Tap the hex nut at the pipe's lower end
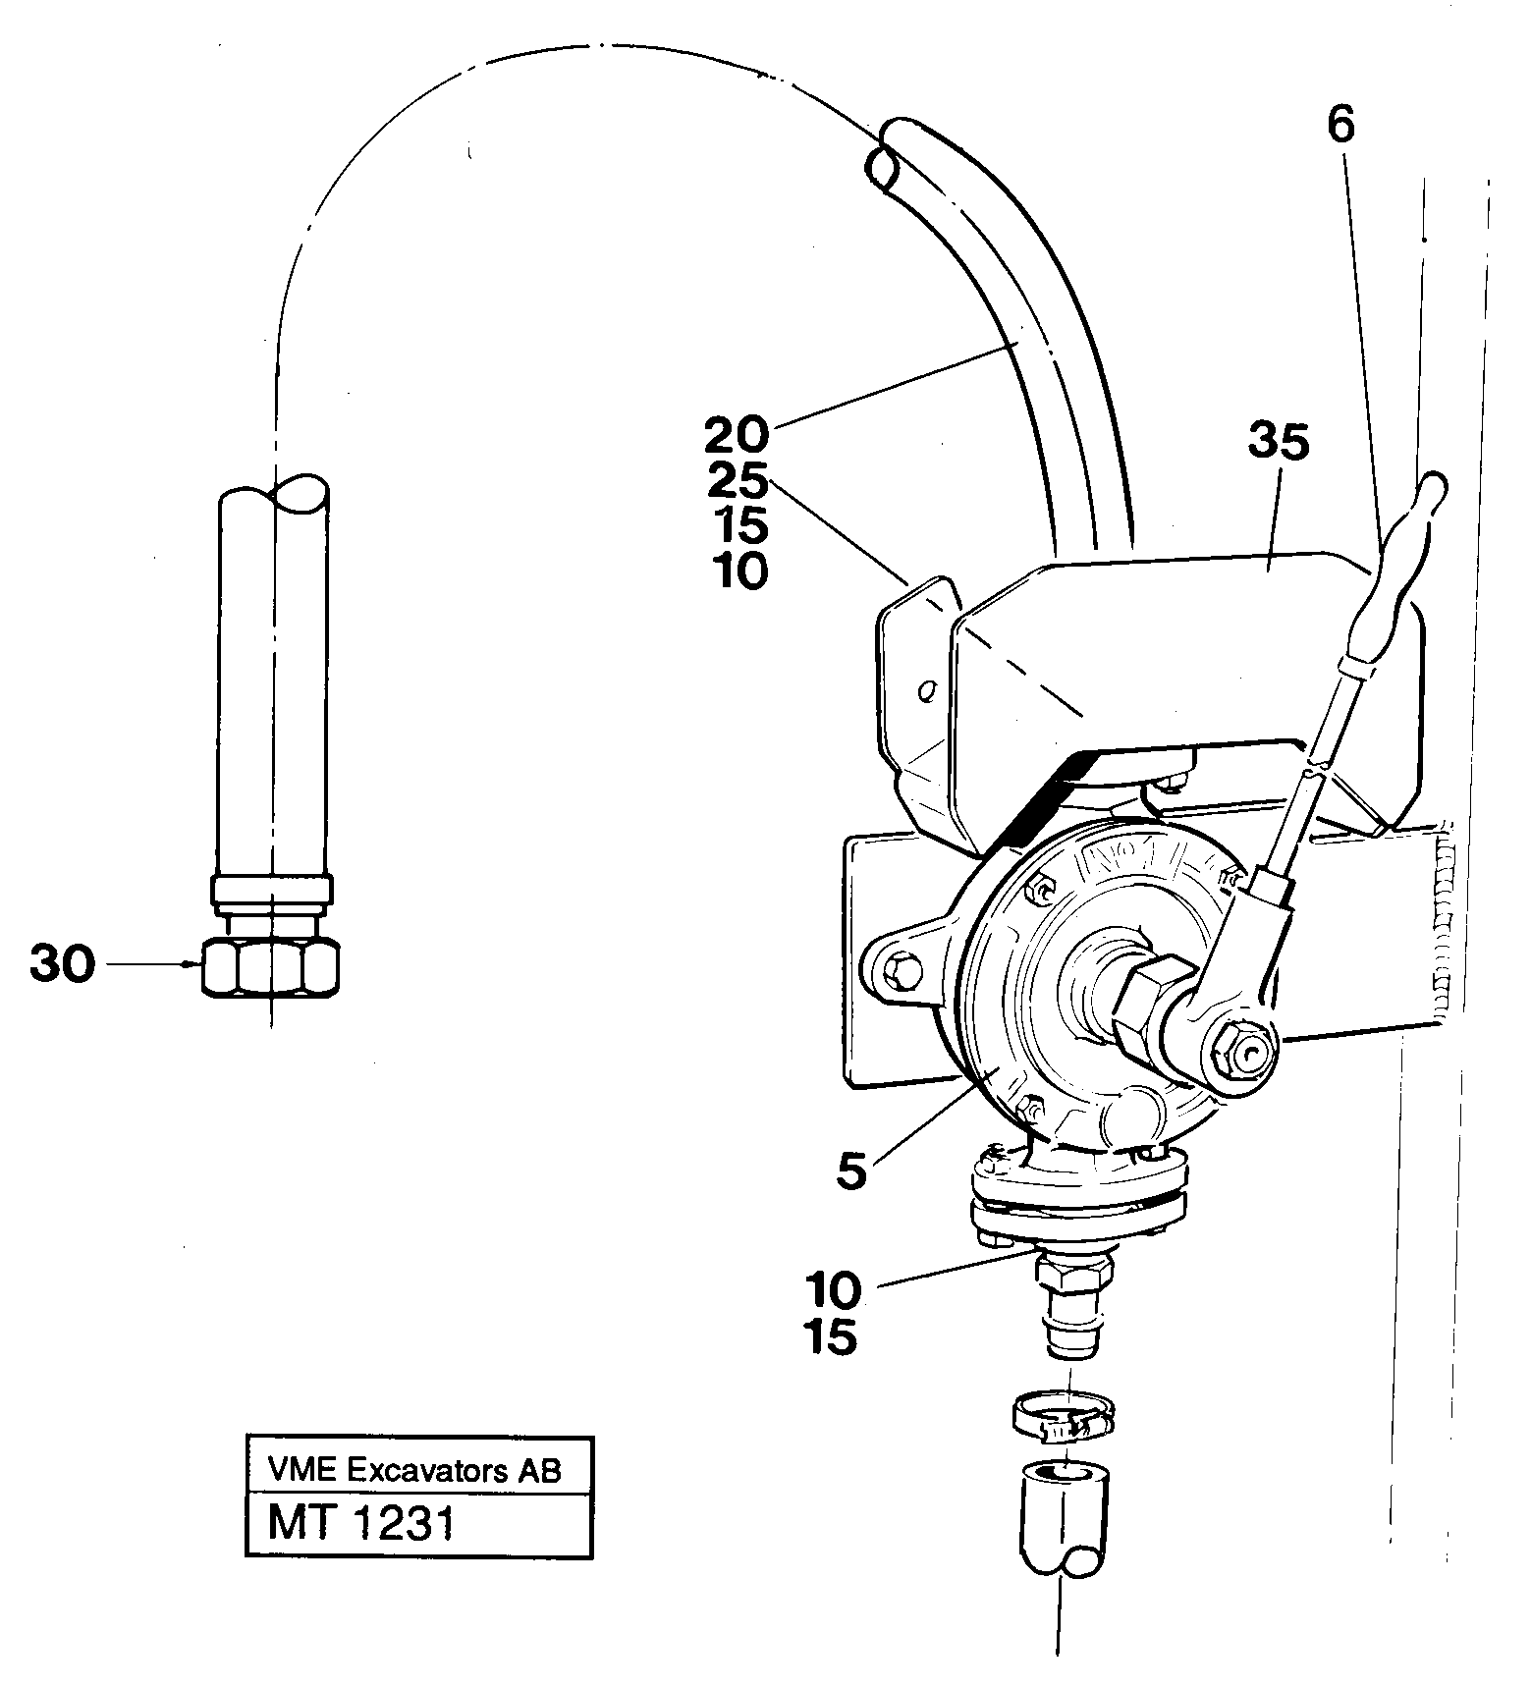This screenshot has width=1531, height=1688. click(271, 967)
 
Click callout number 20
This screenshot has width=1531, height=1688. click(738, 433)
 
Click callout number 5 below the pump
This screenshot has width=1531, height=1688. click(851, 1171)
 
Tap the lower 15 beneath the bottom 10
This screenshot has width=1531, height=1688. click(831, 1336)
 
